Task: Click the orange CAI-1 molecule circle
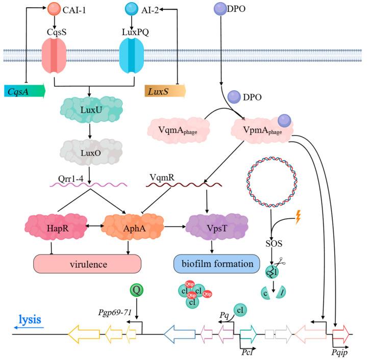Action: (54, 9)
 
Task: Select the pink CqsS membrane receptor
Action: (54, 55)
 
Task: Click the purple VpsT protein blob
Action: (210, 225)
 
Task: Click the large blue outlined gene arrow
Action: (180, 335)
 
